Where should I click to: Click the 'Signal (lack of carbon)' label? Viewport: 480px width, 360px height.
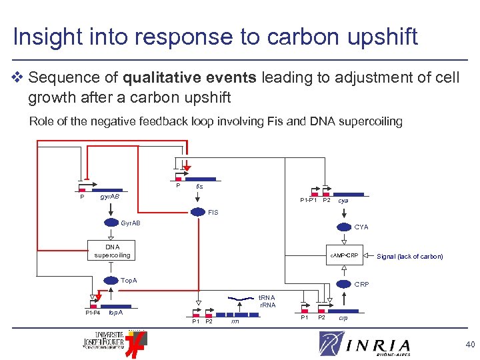(x=409, y=256)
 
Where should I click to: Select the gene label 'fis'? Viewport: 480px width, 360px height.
(x=199, y=187)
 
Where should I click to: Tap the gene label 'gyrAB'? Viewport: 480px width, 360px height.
(x=110, y=197)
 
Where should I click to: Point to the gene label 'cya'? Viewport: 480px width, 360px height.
(x=343, y=200)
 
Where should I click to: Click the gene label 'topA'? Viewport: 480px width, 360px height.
(x=115, y=312)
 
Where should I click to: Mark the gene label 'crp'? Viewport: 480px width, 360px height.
(x=343, y=318)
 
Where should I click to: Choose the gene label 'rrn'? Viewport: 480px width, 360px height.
(x=235, y=321)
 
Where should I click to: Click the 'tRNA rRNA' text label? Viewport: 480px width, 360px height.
(x=267, y=301)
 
